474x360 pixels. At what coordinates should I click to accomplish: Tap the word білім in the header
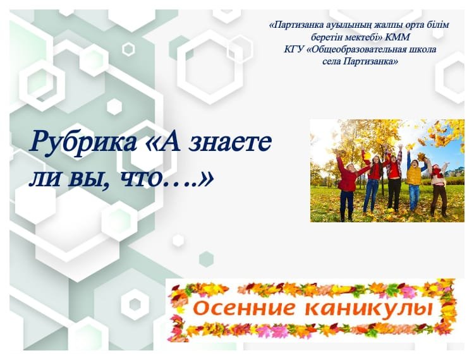pyautogui.click(x=437, y=25)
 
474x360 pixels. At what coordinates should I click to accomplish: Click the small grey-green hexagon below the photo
pyautogui.click(x=207, y=259)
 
